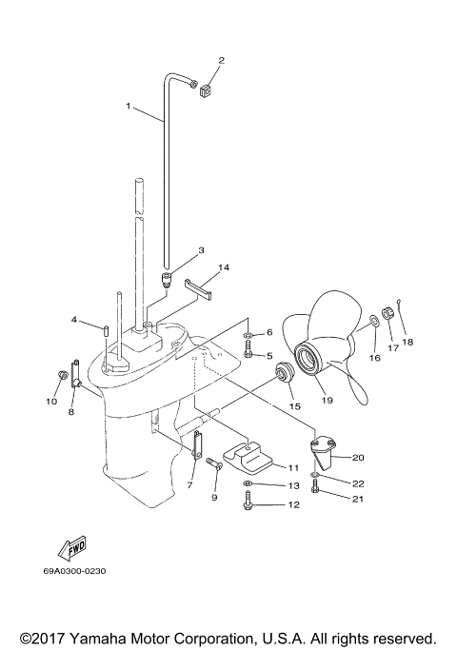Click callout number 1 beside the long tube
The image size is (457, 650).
point(129,107)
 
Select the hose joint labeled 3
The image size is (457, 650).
point(165,279)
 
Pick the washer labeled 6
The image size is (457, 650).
point(248,336)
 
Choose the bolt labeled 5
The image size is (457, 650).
point(248,353)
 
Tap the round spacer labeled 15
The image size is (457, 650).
point(283,370)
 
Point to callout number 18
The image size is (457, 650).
point(407,342)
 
